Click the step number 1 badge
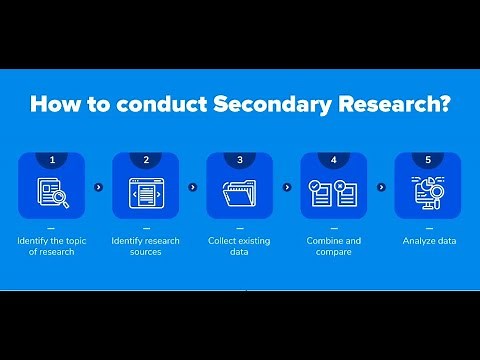point(51,158)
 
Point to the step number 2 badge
point(145,158)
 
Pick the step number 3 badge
point(240,158)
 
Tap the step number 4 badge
point(334,158)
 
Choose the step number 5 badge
point(428,158)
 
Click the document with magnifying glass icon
point(51,192)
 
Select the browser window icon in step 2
point(145,192)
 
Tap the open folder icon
point(240,192)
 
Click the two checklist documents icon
point(334,192)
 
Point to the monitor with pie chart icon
point(428,192)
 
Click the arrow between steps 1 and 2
point(98,186)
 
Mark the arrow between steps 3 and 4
point(287,186)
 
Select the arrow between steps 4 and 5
point(381,186)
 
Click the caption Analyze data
point(428,241)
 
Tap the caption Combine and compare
point(334,246)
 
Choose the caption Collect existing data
point(240,246)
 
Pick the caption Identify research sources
point(145,246)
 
